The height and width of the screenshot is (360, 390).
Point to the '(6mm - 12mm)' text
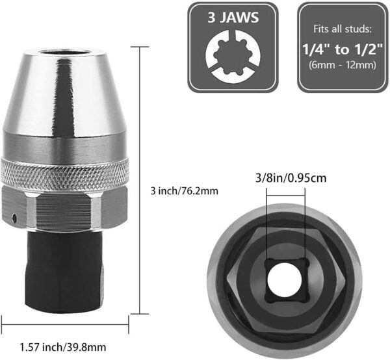[339, 66]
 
